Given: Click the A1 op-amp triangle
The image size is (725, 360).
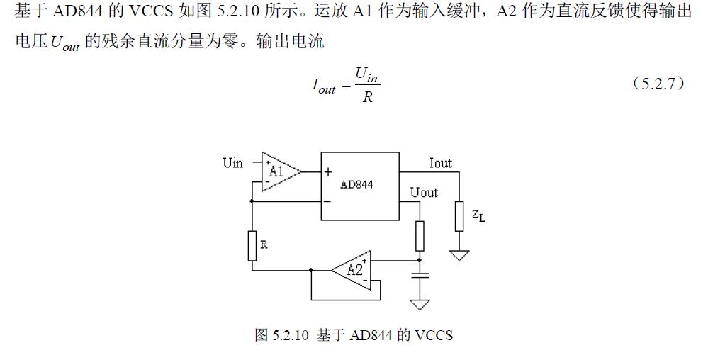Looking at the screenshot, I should (279, 171).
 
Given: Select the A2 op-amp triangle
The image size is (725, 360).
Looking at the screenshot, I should (353, 269).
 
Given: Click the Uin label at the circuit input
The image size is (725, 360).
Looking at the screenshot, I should (232, 163).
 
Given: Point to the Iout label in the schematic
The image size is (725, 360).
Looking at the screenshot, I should (440, 163).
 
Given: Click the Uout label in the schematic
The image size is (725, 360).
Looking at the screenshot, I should (424, 192).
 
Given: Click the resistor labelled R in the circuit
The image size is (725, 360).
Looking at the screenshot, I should (252, 245).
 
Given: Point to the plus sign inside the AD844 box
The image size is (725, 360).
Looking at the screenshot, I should (328, 171).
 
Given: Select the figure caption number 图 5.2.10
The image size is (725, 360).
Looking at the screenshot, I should (282, 334).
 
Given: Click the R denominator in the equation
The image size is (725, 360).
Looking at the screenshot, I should (367, 98).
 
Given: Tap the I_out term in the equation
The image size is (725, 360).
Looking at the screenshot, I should (323, 86).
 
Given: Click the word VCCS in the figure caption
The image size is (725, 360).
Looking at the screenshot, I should (434, 334).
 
